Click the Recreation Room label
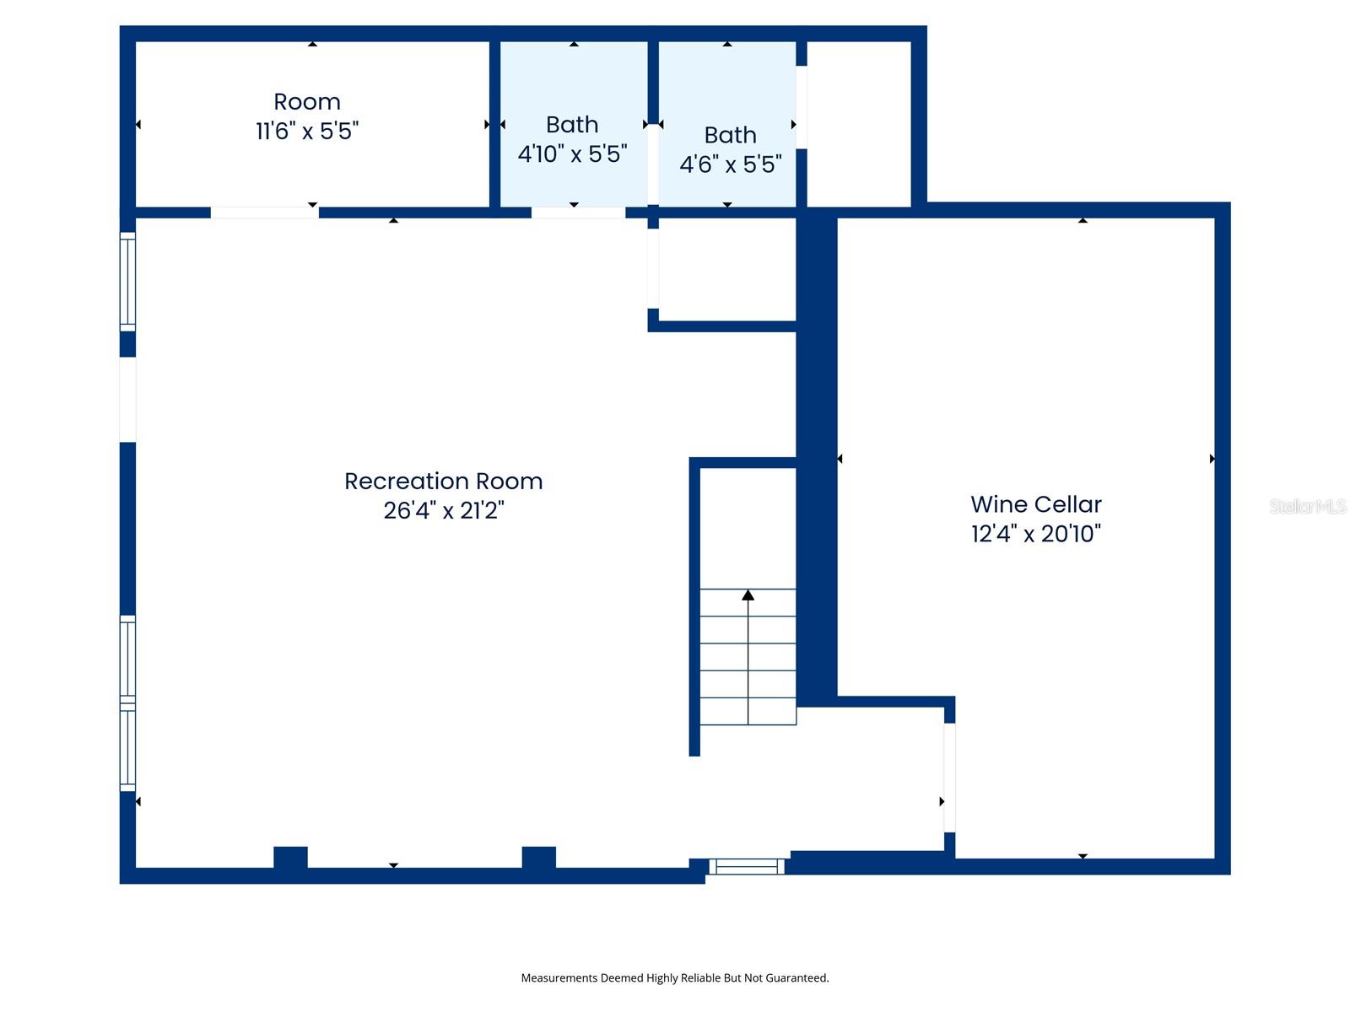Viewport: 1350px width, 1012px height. click(x=443, y=482)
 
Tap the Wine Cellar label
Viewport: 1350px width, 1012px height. click(x=1036, y=504)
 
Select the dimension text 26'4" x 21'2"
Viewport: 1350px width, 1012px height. click(x=444, y=511)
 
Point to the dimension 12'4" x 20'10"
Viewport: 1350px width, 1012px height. click(x=1036, y=534)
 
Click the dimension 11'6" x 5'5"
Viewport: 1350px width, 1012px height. click(x=307, y=132)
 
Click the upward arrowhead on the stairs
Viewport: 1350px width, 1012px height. click(x=748, y=595)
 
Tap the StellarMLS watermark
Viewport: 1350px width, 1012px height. click(x=1307, y=506)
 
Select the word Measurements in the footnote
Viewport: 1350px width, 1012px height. click(x=559, y=978)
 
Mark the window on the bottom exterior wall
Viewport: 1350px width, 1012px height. click(x=747, y=866)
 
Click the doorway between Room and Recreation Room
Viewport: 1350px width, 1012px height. click(x=264, y=213)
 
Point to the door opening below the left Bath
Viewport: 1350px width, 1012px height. click(x=578, y=213)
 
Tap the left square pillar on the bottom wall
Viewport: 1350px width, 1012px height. click(x=290, y=858)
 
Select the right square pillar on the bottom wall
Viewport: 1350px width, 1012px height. click(x=538, y=858)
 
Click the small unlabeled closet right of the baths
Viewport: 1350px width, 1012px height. click(x=859, y=124)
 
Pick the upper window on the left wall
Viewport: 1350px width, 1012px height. click(x=127, y=282)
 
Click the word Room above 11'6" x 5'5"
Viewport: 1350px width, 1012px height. click(x=307, y=102)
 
